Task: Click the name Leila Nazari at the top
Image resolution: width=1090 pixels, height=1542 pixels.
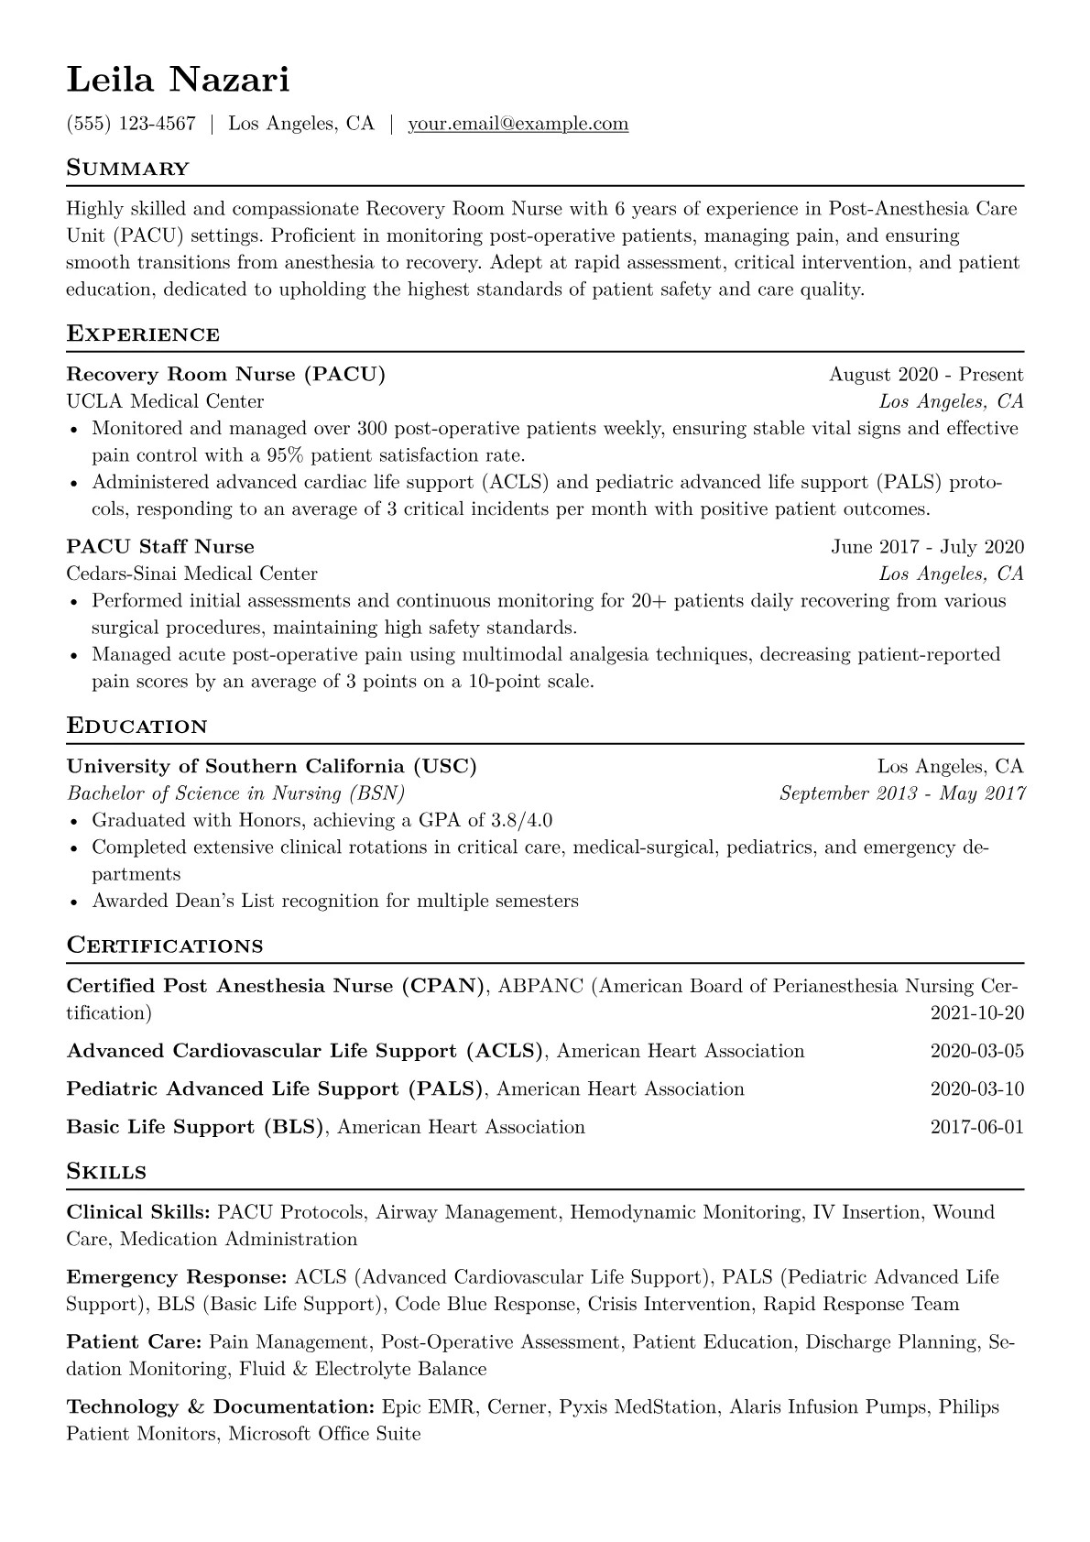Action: pos(178,81)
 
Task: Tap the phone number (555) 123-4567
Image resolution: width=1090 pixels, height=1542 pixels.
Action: pos(131,124)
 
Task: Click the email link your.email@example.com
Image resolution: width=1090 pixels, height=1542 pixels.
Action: pos(518,124)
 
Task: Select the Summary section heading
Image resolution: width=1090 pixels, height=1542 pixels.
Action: pos(127,169)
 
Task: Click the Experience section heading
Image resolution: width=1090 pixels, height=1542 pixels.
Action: pos(143,334)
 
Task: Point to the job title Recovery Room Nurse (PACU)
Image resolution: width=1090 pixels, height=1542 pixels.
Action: pos(225,375)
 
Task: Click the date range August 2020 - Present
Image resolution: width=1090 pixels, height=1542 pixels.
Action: pos(926,375)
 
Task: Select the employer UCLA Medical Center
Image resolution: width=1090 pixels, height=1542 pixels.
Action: pos(165,401)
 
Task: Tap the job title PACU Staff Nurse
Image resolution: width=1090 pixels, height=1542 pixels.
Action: pos(160,547)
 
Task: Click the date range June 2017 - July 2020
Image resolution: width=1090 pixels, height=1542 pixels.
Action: pos(927,547)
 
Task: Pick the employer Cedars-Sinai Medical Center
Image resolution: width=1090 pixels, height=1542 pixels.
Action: pos(191,574)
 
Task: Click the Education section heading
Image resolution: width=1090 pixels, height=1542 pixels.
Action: pos(136,727)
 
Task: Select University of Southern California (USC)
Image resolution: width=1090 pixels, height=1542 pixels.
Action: pos(271,767)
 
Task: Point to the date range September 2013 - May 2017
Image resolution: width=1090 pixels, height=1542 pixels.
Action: pos(902,793)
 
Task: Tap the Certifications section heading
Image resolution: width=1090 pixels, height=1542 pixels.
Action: pos(165,946)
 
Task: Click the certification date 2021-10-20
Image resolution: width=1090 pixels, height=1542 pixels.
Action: pos(976,1013)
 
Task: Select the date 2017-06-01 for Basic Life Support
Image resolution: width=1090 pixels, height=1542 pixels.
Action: pos(976,1127)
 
